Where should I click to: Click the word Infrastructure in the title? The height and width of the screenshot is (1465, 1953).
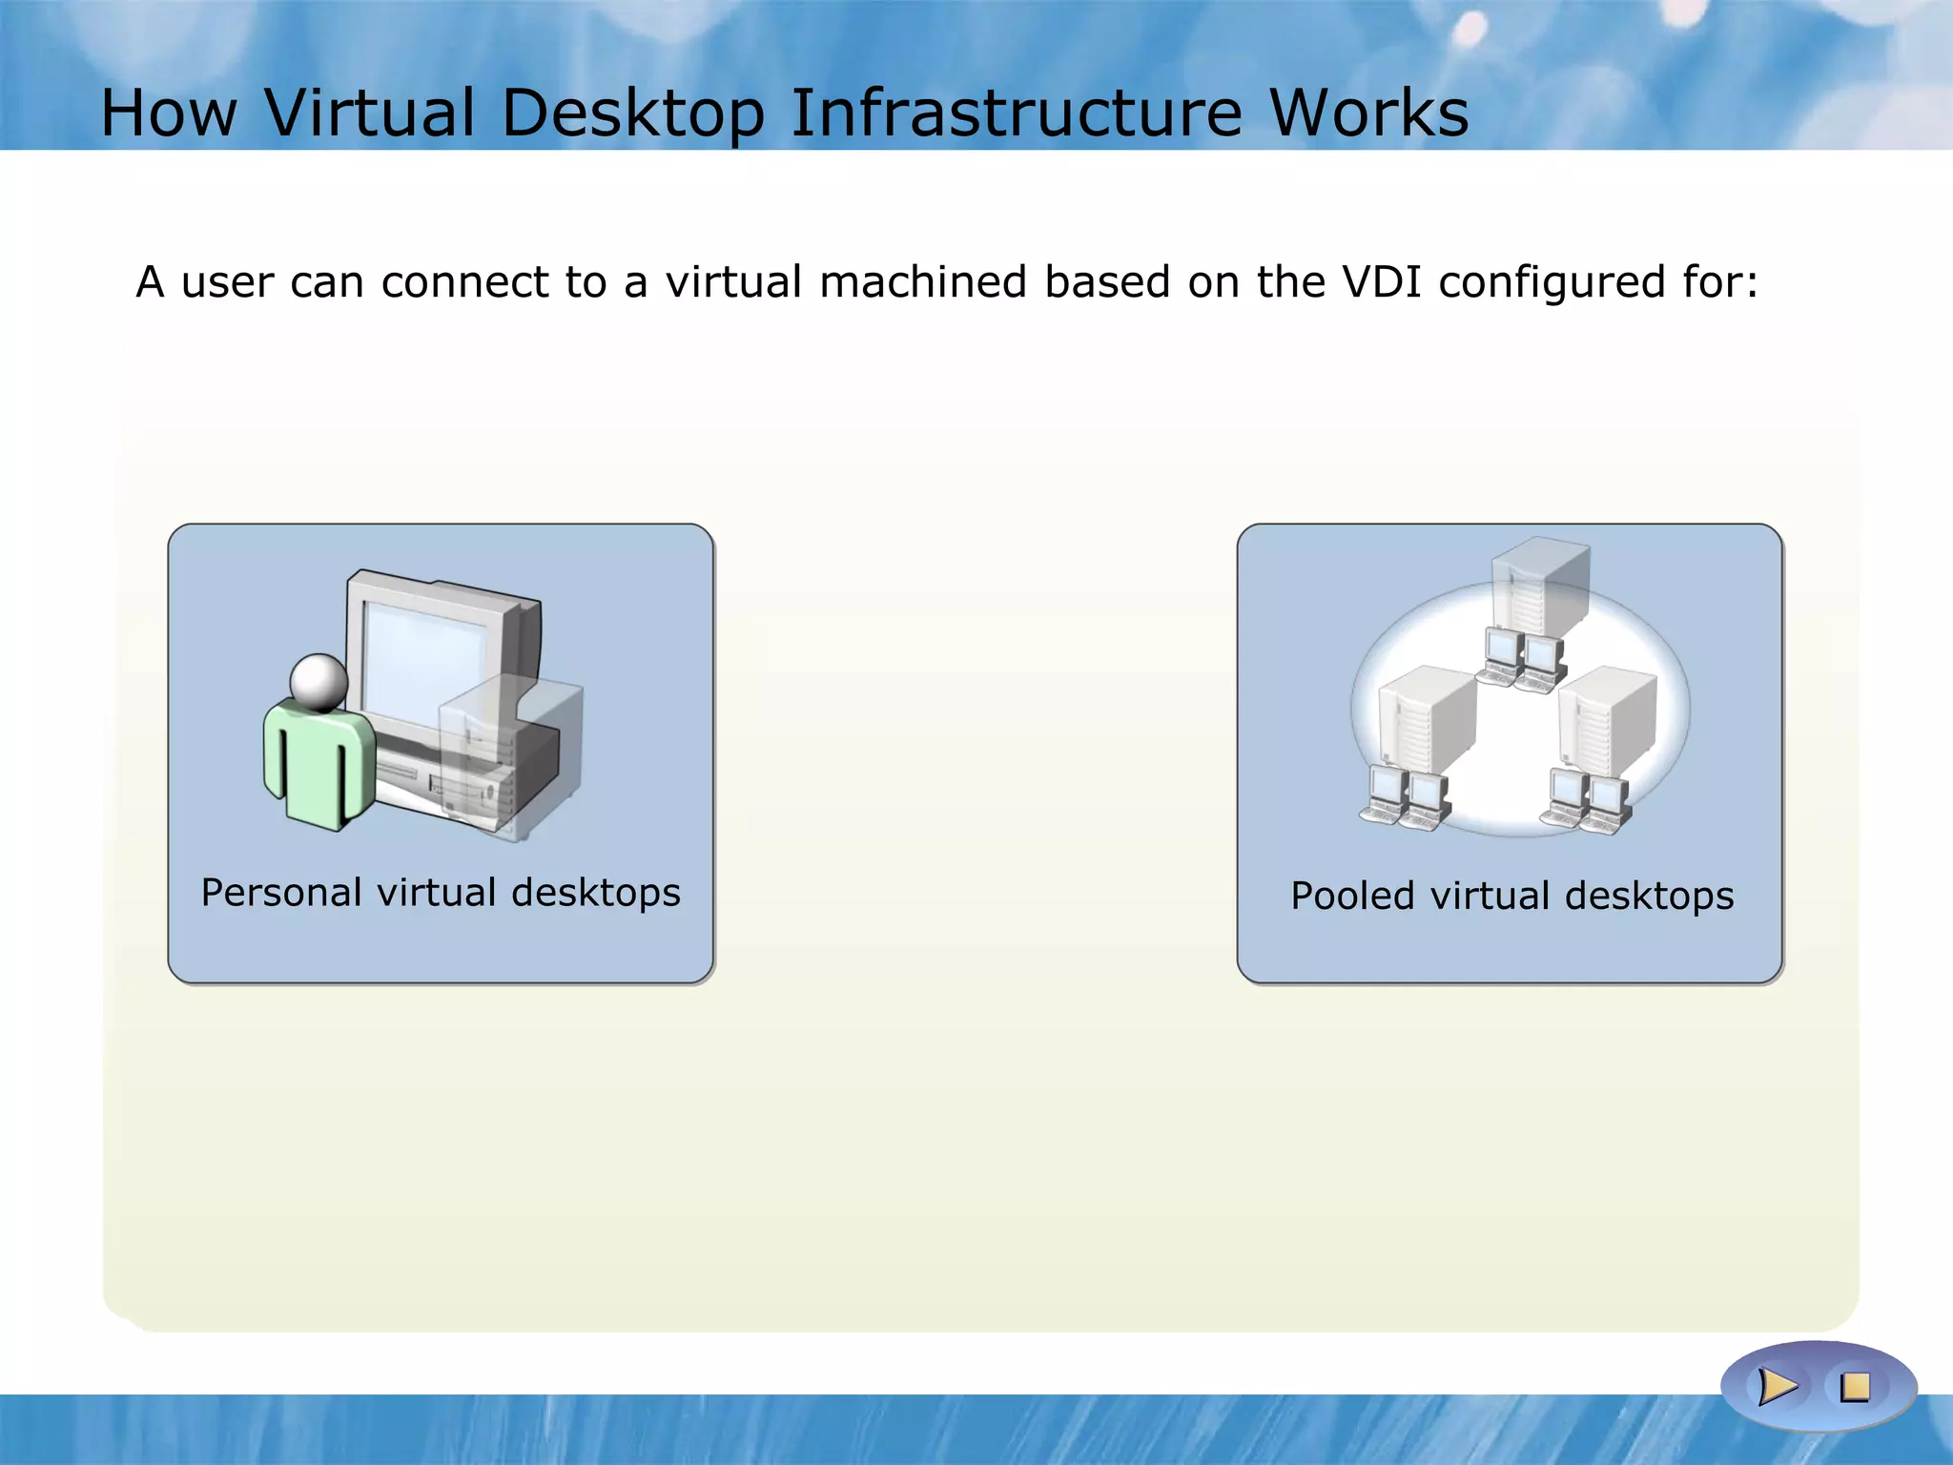[x=1017, y=113]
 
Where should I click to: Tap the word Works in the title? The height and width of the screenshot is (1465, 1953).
[x=1369, y=113]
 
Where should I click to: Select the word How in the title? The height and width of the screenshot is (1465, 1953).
[x=169, y=113]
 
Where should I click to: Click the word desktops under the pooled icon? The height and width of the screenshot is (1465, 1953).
[x=1649, y=897]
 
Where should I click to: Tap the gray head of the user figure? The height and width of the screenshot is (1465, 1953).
[x=319, y=681]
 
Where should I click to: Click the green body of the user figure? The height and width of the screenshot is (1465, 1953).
[x=319, y=763]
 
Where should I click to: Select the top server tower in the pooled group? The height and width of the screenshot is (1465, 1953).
[x=1539, y=587]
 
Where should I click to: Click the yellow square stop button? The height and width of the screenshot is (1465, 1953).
[x=1856, y=1387]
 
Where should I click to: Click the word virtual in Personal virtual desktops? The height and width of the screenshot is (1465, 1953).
[x=436, y=894]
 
